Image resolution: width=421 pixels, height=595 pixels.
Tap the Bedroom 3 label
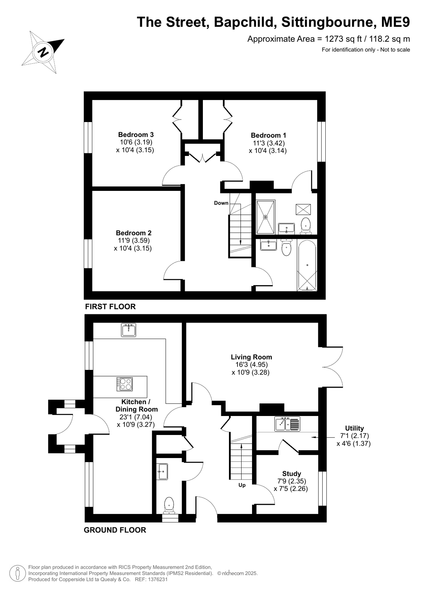point(136,134)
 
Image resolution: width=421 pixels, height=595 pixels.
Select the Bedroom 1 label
point(268,135)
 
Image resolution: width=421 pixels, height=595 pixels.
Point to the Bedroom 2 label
point(133,233)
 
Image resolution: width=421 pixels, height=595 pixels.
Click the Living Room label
point(251,357)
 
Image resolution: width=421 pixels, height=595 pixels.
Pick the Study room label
point(291,474)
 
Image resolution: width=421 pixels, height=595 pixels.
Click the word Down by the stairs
point(221,203)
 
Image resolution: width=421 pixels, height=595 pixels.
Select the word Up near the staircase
point(242,485)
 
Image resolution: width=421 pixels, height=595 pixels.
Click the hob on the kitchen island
point(125,384)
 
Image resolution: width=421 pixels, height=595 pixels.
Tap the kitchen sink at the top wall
point(129,330)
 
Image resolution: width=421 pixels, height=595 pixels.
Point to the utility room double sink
point(287,424)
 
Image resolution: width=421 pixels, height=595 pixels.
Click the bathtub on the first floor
point(307,265)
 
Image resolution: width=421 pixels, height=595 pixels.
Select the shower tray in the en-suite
point(265,217)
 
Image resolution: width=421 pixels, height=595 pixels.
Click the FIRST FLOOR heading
point(110,307)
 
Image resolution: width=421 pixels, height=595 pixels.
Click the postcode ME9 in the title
point(395,22)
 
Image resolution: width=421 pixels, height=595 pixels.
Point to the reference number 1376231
point(158,579)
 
